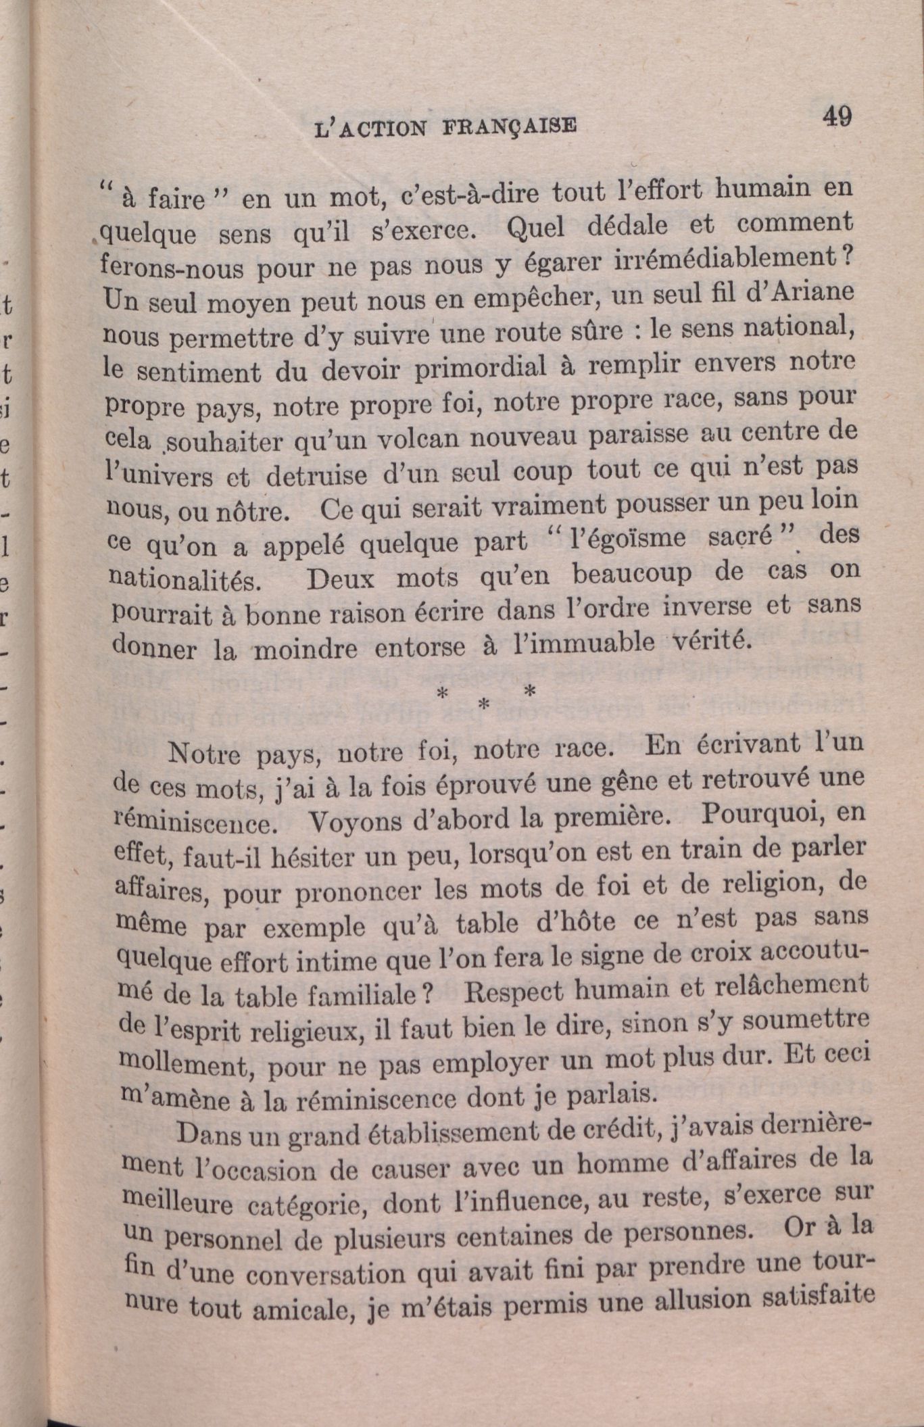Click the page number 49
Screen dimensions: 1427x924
click(837, 116)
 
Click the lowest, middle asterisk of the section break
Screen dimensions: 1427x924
click(483, 704)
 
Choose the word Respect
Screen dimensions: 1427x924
click(514, 992)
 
